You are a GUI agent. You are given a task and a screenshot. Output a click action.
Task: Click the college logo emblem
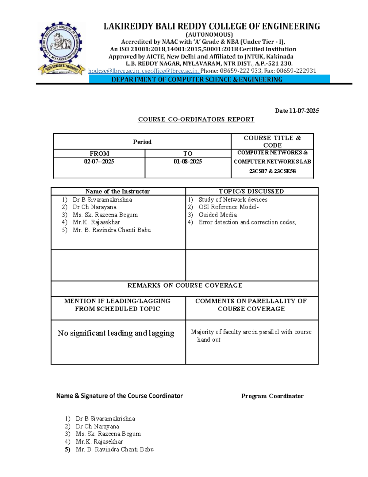click(x=61, y=48)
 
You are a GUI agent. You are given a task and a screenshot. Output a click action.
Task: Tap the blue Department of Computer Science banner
click(x=209, y=79)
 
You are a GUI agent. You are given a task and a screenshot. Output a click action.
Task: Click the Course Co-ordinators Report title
click(x=196, y=119)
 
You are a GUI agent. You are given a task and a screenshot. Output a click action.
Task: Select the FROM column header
click(x=99, y=154)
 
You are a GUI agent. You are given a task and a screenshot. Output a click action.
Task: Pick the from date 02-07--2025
click(x=99, y=162)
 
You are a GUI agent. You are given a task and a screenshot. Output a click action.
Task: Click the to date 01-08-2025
click(x=188, y=162)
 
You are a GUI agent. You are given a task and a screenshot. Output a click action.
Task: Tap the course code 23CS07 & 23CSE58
click(x=272, y=171)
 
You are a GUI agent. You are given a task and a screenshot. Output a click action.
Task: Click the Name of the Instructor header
click(x=117, y=191)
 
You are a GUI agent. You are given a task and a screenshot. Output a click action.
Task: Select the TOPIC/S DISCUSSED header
click(x=251, y=191)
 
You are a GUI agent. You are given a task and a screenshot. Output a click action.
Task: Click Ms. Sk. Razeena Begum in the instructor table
click(x=105, y=215)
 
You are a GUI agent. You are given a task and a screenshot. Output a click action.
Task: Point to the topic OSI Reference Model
click(x=228, y=207)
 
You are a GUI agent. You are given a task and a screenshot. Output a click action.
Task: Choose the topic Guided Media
click(x=217, y=215)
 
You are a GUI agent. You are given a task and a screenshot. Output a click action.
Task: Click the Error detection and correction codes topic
click(x=247, y=222)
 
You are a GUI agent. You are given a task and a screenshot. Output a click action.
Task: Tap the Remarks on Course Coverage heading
click(x=185, y=285)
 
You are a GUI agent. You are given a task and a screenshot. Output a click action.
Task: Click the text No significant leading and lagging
click(x=116, y=333)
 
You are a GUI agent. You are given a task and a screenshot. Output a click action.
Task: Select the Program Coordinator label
click(x=272, y=396)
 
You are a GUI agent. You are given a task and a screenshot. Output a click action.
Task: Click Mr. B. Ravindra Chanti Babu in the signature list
click(x=115, y=449)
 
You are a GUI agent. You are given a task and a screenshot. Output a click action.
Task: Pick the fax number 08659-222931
click(x=296, y=71)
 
